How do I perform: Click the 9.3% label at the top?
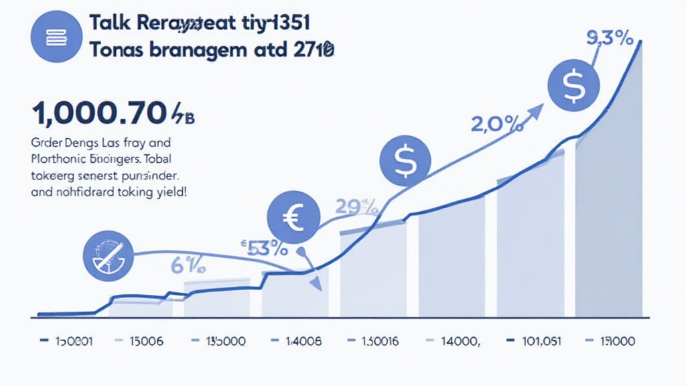point(610,39)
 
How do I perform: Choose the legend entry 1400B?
point(303,340)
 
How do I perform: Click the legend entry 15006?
point(145,340)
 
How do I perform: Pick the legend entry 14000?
point(461,340)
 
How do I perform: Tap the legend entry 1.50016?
point(380,340)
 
